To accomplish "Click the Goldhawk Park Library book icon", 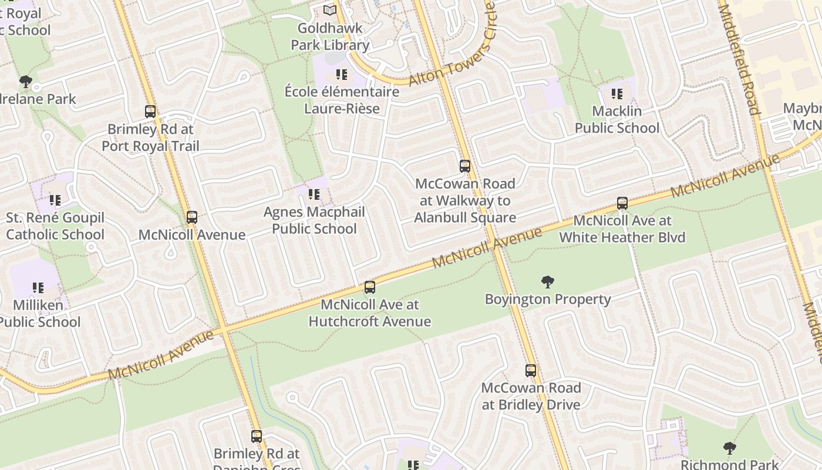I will (x=330, y=11).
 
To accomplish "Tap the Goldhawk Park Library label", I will (x=330, y=36).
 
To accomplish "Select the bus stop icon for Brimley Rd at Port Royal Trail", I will (x=150, y=112).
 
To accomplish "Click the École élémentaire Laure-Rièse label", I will (x=342, y=100).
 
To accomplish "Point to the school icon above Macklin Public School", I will (x=616, y=94).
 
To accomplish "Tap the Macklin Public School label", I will (x=616, y=119).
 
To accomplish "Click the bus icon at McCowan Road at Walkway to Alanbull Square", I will (x=465, y=166).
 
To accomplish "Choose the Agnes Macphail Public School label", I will (x=314, y=220).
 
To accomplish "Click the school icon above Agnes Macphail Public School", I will (x=314, y=194).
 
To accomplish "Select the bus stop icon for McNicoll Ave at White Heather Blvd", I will (x=622, y=203).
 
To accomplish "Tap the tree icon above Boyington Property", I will (x=548, y=282).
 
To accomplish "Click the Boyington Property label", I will (x=548, y=300).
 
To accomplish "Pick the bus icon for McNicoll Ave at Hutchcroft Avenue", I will (x=370, y=287).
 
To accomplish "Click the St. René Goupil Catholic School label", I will (x=55, y=226).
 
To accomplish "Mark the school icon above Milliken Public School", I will (x=38, y=288).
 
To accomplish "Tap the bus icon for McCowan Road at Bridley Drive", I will (x=531, y=371).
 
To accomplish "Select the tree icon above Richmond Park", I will (x=729, y=449).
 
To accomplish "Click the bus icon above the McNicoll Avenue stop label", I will (x=192, y=217).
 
